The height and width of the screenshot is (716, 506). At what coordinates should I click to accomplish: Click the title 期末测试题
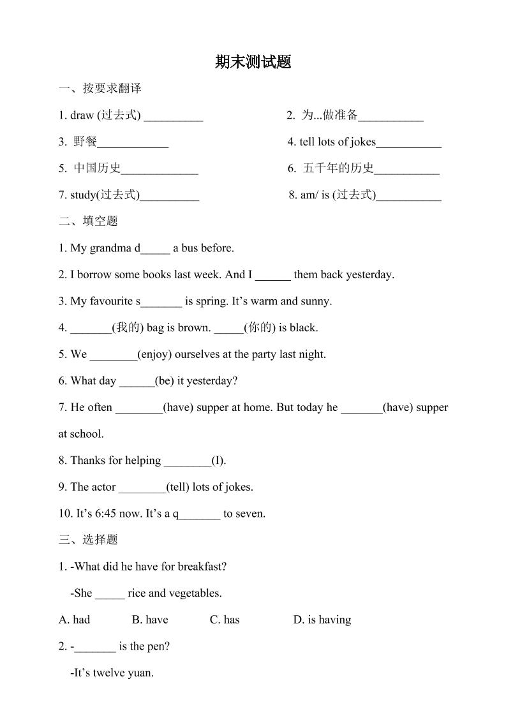coord(253,62)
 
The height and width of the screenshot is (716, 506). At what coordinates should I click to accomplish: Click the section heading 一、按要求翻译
coord(100,89)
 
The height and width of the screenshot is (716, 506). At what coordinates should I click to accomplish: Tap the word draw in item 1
coord(82,116)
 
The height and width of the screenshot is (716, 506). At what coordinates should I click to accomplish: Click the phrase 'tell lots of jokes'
coord(338,142)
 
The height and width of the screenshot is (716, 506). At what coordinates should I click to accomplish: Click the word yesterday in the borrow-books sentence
coord(369,275)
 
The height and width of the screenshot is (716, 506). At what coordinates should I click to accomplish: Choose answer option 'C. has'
coord(225,620)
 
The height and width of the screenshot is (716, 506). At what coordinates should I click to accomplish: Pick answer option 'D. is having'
coord(322,620)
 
